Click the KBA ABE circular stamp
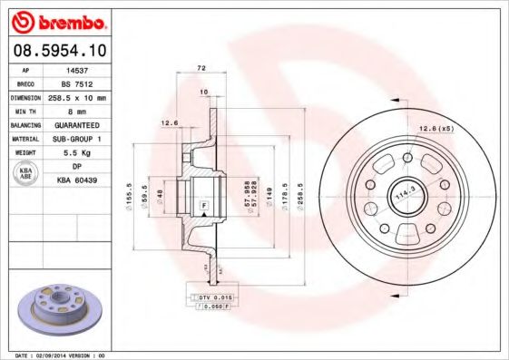(24, 174)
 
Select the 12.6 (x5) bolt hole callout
(435, 129)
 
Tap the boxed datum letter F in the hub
(203, 207)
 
